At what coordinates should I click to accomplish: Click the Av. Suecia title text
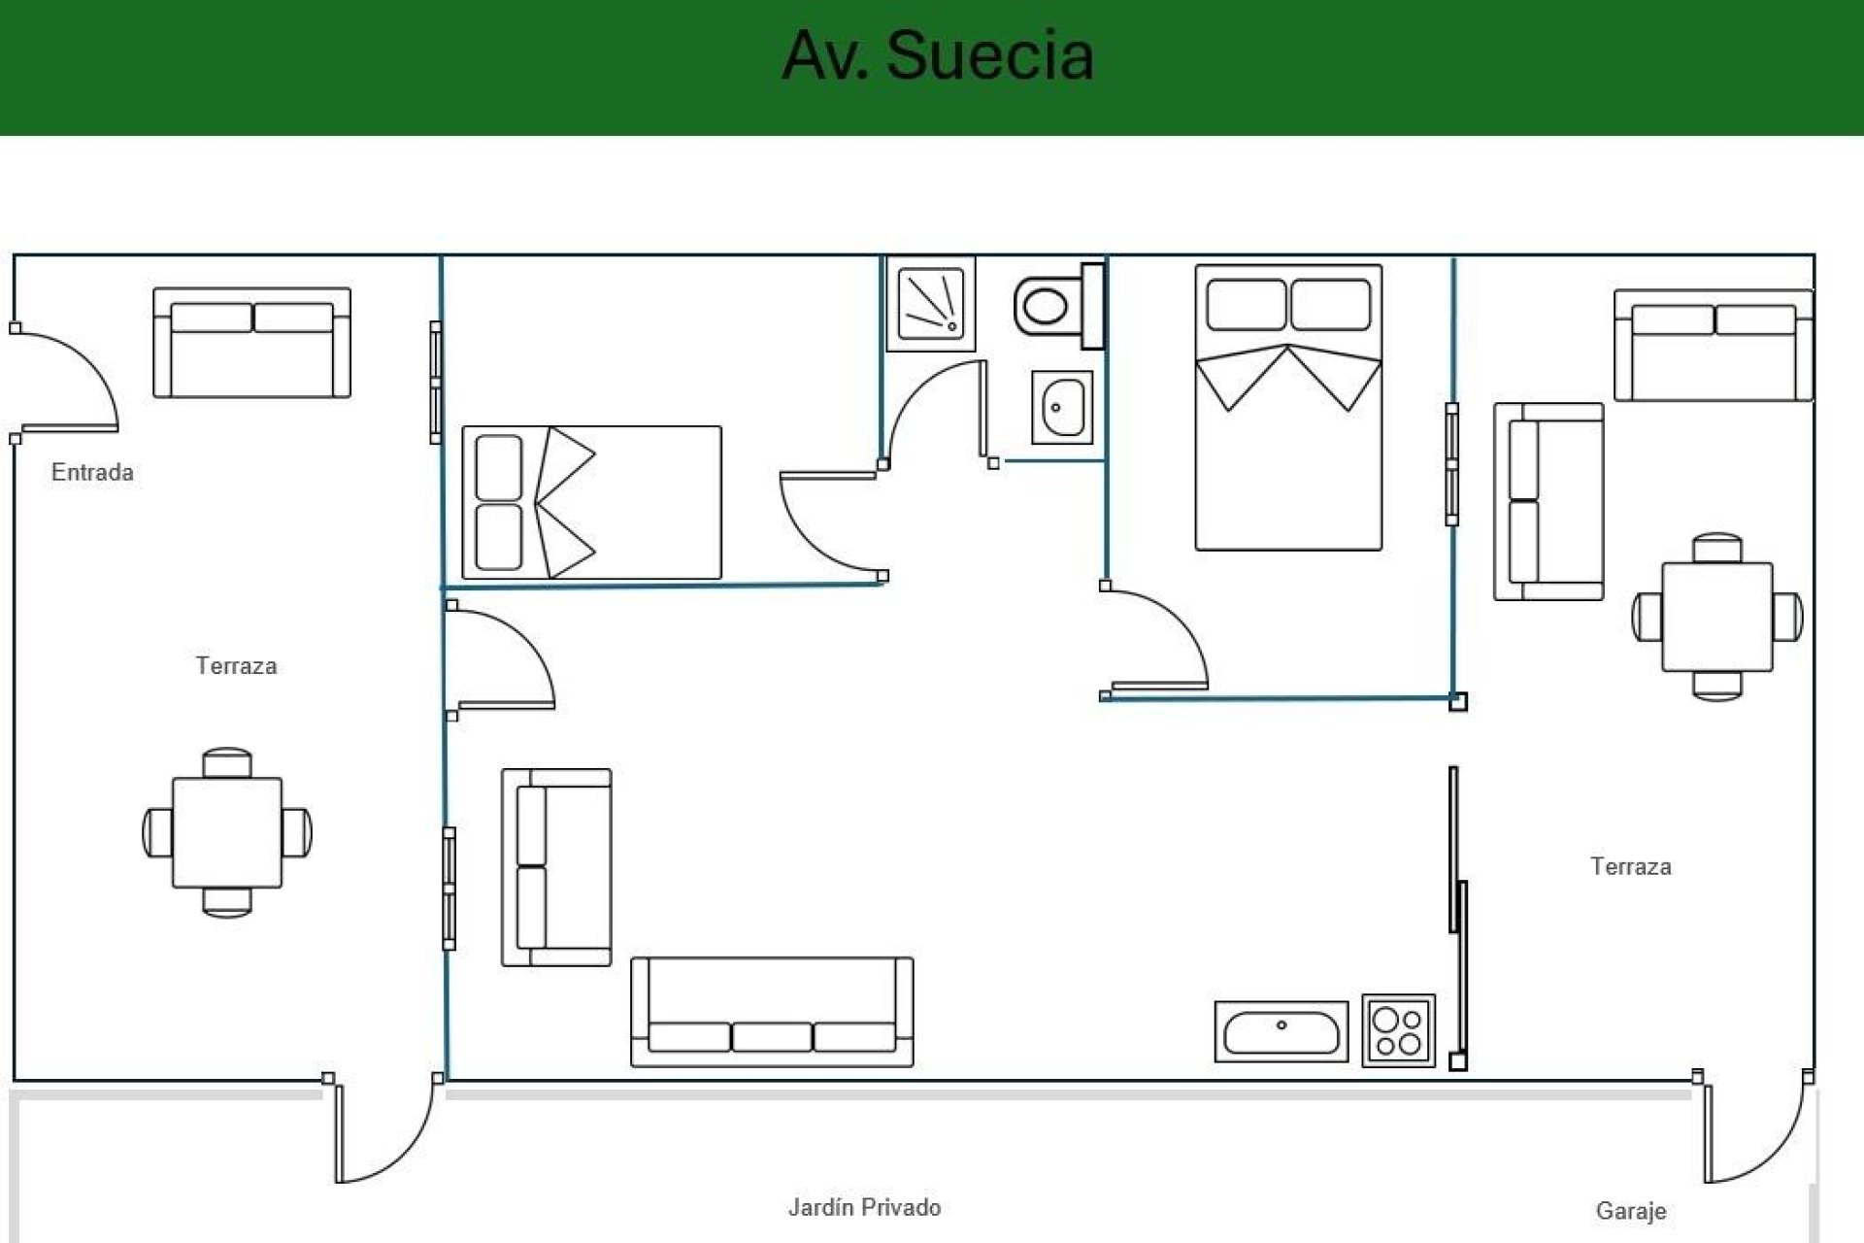coord(938,54)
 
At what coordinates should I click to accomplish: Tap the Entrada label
coord(92,473)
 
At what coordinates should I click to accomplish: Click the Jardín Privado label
coord(864,1207)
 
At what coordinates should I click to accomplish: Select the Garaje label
coord(1630,1211)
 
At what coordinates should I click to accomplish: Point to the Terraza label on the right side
coord(1630,866)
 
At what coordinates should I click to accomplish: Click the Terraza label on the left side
coord(236,666)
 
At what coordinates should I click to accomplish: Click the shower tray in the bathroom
coord(931,304)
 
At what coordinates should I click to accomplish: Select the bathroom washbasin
coord(1062,408)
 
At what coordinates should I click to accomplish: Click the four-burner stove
coord(1398,1031)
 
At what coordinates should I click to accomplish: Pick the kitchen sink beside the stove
coord(1281,1031)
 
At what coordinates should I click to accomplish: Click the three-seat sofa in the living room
coord(772,1012)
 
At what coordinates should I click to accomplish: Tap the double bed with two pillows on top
coord(1288,408)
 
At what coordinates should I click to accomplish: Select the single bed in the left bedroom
coord(591,503)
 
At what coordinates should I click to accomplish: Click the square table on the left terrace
coord(227,832)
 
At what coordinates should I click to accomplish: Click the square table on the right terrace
coord(1716,617)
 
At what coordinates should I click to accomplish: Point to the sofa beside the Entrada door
coord(251,343)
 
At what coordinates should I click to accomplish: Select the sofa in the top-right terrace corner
coord(1713,346)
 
